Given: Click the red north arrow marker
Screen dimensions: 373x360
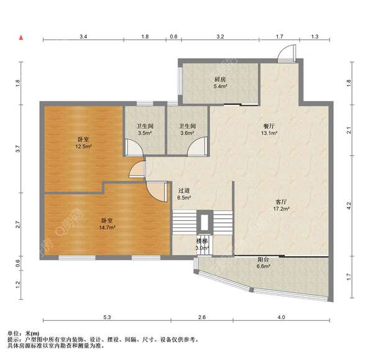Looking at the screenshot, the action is tap(21, 37).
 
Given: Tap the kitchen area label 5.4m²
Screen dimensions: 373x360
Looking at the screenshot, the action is tap(220, 86).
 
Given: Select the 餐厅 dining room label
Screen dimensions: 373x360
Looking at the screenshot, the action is tap(269, 126).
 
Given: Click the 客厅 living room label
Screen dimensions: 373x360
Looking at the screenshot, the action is tap(281, 202).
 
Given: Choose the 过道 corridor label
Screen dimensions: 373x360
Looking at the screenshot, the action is tap(184, 191).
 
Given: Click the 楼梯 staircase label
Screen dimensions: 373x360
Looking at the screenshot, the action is tap(201, 241).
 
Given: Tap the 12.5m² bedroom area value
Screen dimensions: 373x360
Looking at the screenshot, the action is tap(83, 147).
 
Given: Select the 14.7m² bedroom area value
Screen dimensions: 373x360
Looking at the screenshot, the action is tap(108, 228).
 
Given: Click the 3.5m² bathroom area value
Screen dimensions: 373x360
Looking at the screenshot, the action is tap(145, 133).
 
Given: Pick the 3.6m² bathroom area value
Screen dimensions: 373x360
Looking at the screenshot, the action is tap(187, 133).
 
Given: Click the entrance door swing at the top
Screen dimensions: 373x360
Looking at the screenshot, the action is tap(287, 53).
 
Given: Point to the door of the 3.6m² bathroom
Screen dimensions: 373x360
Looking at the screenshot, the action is tap(198, 147).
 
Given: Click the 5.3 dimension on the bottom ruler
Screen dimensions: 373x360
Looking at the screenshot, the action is tap(107, 317).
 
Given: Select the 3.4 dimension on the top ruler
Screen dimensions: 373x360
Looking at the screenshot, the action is tap(83, 37).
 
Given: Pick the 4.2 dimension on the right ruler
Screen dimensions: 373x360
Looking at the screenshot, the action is tap(349, 206).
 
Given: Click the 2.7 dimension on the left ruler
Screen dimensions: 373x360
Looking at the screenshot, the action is tap(18, 224).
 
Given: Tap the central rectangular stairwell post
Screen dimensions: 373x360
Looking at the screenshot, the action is tap(205, 222).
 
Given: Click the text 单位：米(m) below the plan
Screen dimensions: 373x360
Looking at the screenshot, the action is tap(24, 334).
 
